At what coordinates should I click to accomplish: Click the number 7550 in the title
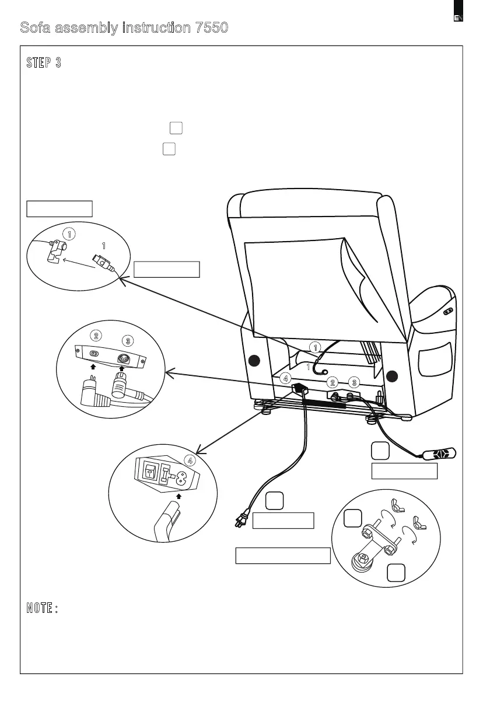pos(207,27)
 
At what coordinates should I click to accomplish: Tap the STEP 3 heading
pos(44,63)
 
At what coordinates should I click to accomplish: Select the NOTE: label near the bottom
pos(42,608)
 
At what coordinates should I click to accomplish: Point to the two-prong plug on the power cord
pos(240,519)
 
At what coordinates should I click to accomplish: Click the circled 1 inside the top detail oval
pos(69,234)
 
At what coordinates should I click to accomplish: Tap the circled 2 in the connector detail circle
pos(97,336)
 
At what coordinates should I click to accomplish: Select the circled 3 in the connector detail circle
pos(127,340)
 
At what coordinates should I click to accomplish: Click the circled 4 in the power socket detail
pos(190,460)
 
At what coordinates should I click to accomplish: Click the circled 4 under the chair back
pos(286,378)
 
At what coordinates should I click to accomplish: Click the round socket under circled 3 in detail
pos(123,359)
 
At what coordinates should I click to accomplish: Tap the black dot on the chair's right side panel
pos(392,374)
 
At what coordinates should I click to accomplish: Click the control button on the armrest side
pos(449,311)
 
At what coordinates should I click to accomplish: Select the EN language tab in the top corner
pos(459,17)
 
